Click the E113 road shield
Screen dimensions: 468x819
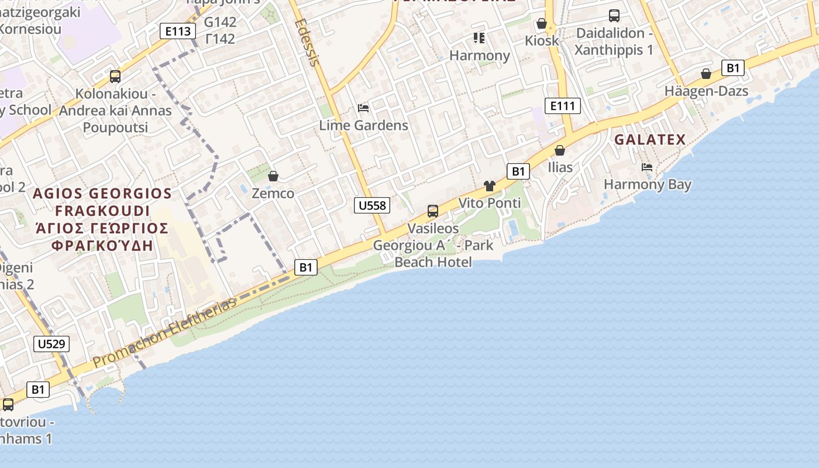coord(177,31)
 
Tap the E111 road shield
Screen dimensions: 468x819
coord(562,106)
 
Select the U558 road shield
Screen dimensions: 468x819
coord(372,205)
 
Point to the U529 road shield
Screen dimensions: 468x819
coord(51,343)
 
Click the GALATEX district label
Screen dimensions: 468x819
coord(649,140)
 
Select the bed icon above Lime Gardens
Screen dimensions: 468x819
coord(363,108)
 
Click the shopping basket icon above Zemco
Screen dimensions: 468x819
coord(273,176)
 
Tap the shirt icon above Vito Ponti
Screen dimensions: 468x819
coord(490,186)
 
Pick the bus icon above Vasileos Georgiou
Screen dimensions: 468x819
coord(433,211)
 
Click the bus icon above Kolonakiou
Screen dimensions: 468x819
coord(115,77)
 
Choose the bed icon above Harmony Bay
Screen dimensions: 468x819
coord(647,167)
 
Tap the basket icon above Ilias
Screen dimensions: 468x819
coord(560,150)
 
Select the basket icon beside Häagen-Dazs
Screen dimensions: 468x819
coord(706,74)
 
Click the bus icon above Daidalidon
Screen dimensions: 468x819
coord(614,16)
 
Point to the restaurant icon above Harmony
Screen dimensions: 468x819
coord(479,39)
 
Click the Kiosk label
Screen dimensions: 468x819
coord(542,41)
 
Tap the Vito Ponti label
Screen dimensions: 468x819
coord(490,203)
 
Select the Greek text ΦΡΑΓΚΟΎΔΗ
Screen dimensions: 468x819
coord(102,246)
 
